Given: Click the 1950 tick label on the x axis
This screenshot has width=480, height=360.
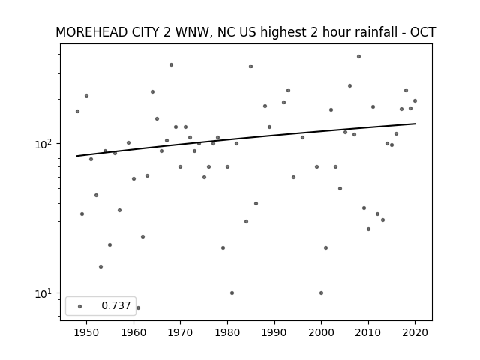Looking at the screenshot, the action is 86,332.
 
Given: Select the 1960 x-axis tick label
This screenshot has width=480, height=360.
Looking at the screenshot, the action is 133,332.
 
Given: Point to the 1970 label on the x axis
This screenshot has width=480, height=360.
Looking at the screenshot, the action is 180,332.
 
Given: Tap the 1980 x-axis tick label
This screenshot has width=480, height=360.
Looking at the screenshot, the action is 227,332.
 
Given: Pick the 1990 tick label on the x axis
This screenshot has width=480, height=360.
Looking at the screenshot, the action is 274,332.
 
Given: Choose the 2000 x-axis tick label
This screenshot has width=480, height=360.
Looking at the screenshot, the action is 322,332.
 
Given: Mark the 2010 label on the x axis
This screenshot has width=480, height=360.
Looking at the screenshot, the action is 368,332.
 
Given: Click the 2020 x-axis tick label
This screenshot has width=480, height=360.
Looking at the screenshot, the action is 415,332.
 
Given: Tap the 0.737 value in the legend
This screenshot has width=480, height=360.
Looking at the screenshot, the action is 116,305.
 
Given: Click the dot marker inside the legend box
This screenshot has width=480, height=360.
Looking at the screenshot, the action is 80,306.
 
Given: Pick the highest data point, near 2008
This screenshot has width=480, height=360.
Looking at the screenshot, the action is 358,57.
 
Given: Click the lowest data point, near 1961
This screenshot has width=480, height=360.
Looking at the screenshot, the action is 138,307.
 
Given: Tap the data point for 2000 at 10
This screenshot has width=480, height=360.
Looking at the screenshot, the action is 322,293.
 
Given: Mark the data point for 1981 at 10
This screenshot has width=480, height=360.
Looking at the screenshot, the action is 232,293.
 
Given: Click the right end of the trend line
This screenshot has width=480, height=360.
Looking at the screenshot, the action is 415,124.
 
